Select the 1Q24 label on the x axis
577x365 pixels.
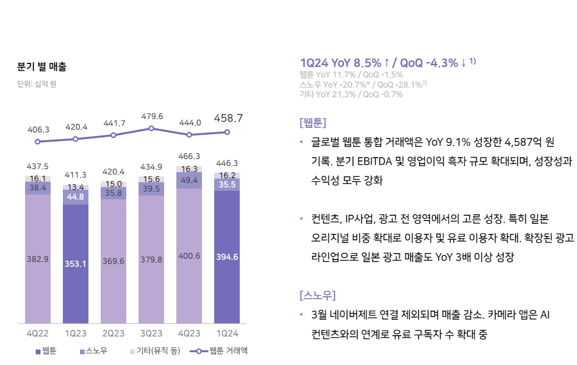[x=226, y=334]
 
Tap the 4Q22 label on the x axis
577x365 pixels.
[x=37, y=334]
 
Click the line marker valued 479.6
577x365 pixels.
[x=151, y=128]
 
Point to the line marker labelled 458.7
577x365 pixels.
[x=227, y=132]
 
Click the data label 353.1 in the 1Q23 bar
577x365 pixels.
[x=75, y=264]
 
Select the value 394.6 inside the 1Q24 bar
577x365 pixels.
[x=227, y=257]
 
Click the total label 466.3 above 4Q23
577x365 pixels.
[x=189, y=156]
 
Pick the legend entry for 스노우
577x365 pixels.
[x=93, y=351]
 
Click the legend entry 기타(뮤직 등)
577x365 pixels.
[x=155, y=351]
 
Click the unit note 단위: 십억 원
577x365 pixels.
[x=37, y=84]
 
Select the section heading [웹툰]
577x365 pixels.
[x=313, y=123]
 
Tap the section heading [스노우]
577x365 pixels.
[x=318, y=295]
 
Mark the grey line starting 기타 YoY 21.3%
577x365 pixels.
[x=351, y=94]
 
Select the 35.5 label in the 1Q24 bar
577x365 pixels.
[x=227, y=184]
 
